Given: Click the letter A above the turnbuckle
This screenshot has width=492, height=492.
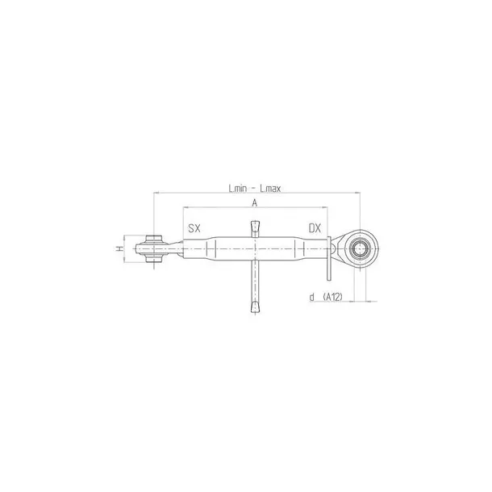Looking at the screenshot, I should tap(255, 203).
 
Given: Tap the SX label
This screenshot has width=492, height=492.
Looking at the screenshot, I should tap(194, 228).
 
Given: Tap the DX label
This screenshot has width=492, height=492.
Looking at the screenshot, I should tap(315, 228).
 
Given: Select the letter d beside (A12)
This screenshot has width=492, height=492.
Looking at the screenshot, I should tap(311, 298).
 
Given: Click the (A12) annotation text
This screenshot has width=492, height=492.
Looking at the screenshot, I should tap(332, 298).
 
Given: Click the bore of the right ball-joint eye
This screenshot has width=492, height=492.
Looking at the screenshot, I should tap(358, 248).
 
